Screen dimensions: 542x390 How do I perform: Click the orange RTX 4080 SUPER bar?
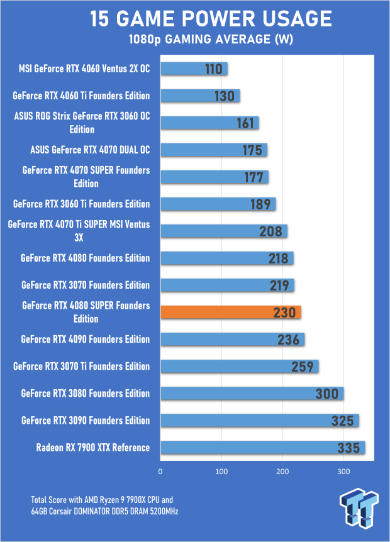231,312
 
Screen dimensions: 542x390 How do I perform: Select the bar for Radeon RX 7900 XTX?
263,448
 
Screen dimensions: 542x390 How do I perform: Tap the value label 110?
214,69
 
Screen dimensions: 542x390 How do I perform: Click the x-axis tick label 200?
282,471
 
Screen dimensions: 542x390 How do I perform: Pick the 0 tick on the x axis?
160,471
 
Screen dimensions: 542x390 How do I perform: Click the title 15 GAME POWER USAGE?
211,19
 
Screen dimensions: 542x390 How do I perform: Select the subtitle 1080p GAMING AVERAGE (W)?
211,40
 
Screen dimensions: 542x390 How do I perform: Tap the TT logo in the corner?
359,509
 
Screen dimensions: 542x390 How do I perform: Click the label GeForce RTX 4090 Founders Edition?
86,340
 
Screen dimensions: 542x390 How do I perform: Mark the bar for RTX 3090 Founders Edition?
260,421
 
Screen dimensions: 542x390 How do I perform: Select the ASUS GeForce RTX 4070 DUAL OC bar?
214,150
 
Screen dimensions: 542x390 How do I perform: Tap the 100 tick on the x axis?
221,471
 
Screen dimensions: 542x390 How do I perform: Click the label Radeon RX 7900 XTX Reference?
94,448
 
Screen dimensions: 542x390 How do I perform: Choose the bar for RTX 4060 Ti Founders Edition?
200,96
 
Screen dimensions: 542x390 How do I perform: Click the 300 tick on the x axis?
343,471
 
